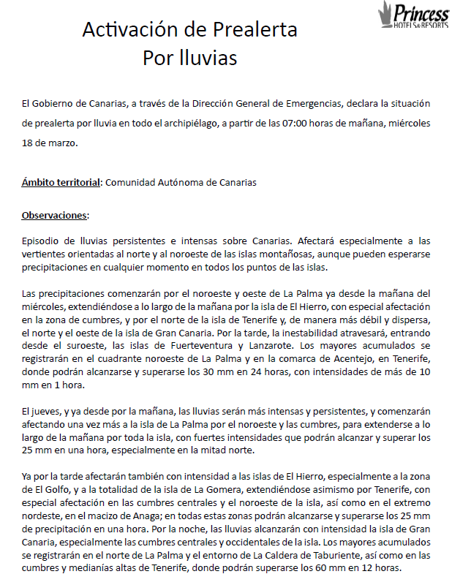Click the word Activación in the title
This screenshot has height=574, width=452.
tap(121, 30)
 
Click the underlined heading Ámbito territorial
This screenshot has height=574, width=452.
tap(61, 182)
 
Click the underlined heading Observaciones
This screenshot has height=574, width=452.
tap(55, 216)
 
